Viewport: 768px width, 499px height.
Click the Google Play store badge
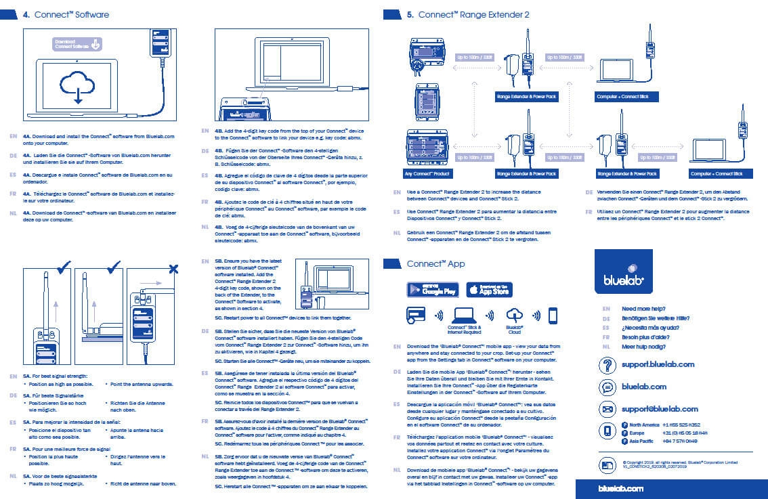(433, 290)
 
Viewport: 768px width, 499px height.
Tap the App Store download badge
(489, 290)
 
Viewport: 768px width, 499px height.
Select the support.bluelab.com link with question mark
(658, 364)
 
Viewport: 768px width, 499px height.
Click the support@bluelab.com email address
(660, 409)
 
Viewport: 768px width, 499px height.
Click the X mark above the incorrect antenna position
(174, 269)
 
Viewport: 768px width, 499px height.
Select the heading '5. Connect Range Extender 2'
(473, 14)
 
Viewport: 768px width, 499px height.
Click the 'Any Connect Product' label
(429, 174)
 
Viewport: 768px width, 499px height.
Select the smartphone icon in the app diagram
(553, 316)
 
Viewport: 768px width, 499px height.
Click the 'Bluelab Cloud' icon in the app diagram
(515, 315)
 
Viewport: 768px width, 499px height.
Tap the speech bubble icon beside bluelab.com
(607, 387)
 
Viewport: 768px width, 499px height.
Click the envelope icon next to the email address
(607, 409)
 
